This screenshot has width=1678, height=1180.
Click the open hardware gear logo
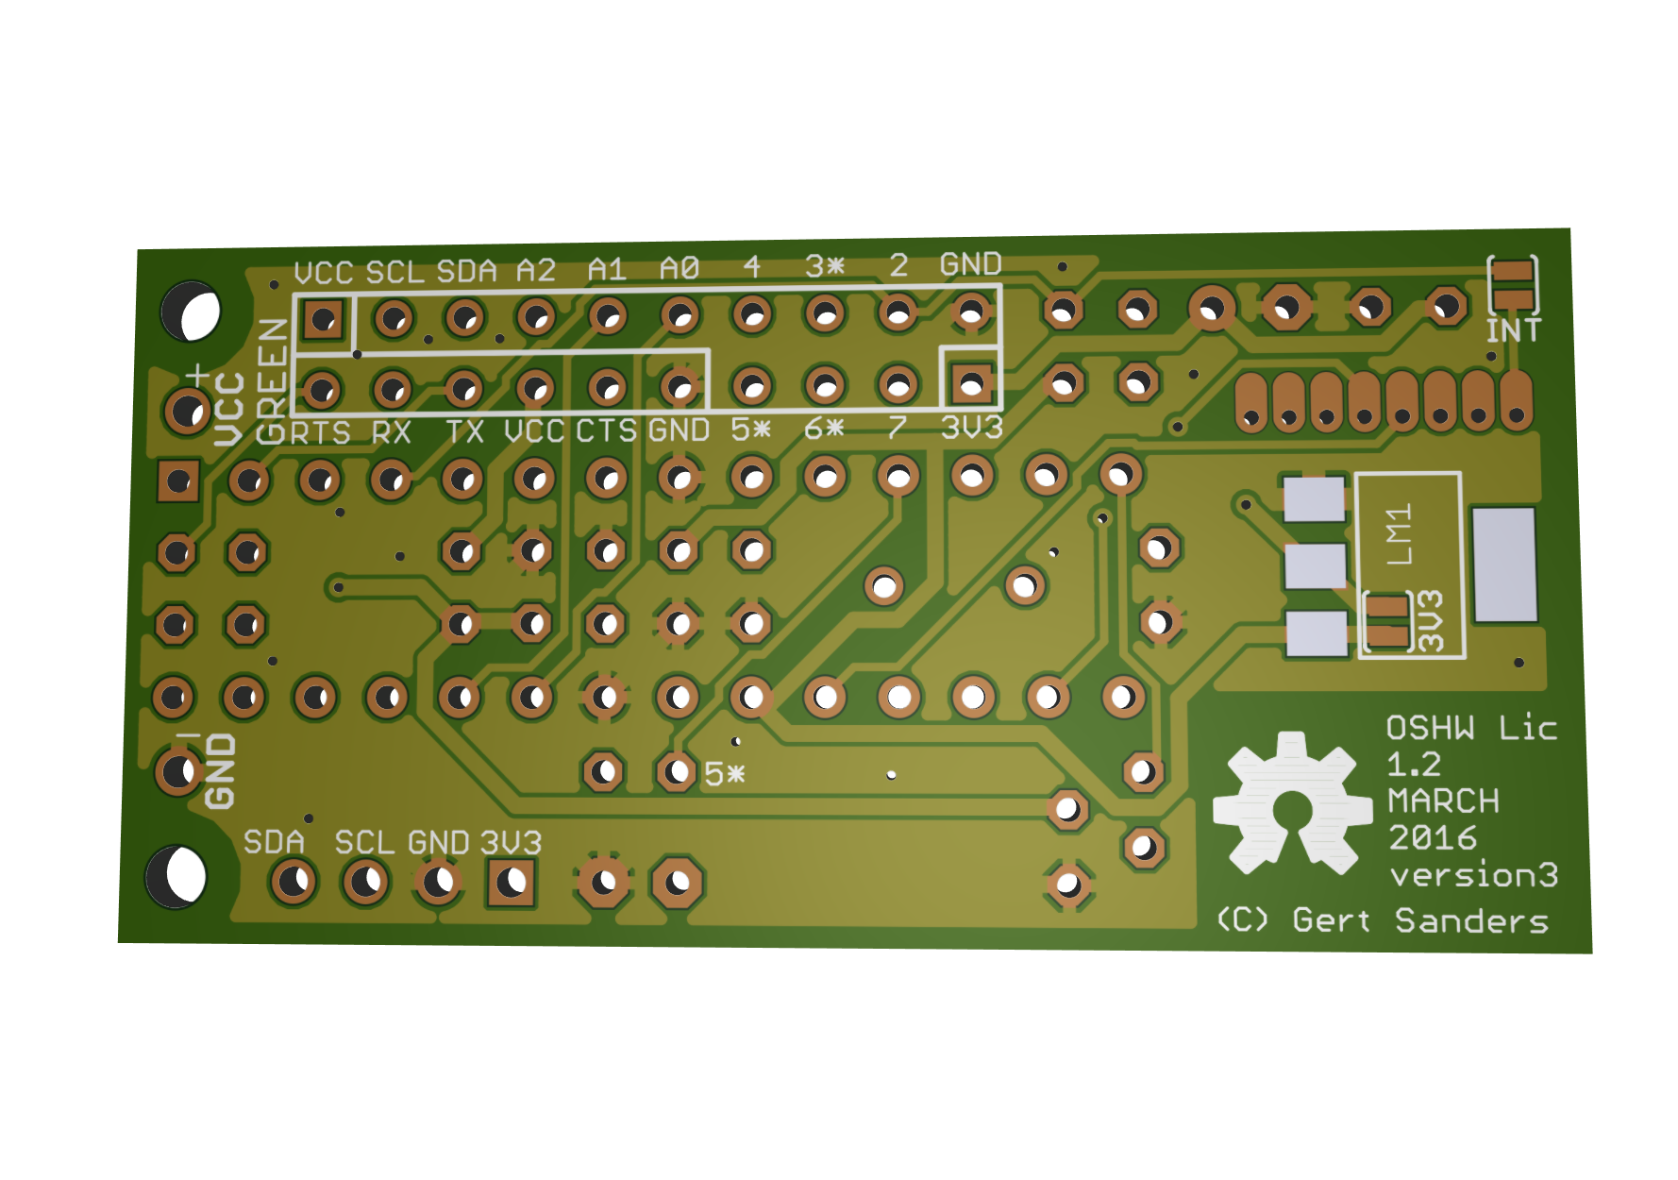pos(1291,803)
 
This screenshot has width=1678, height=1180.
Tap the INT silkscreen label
pos(1513,331)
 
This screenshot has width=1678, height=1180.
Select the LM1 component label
pos(1400,535)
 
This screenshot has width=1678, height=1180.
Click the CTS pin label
pos(607,431)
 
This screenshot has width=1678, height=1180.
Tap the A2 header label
pos(536,271)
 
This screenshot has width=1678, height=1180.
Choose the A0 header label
pos(680,269)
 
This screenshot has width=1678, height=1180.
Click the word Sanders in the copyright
pos(1471,920)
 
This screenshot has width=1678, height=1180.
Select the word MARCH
pos(1443,801)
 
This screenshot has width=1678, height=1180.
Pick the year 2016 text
pos(1432,838)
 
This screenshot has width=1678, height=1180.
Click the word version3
pos(1473,876)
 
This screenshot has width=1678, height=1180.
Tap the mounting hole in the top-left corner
pos(191,311)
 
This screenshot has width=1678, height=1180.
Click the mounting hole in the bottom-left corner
pos(176,876)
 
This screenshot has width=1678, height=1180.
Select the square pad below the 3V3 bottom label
pos(512,884)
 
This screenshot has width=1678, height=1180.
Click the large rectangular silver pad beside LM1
pos(1504,565)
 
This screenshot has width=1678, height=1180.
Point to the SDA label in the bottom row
pos(274,842)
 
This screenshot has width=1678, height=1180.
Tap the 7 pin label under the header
pos(897,428)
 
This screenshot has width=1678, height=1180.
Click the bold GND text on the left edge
pos(220,771)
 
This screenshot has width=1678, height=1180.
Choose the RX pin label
pos(391,433)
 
